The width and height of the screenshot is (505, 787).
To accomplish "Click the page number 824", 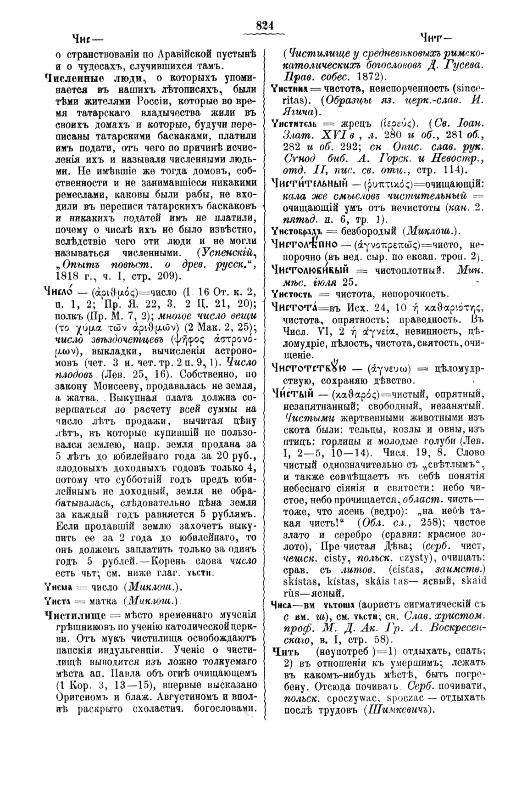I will click(x=265, y=26).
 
